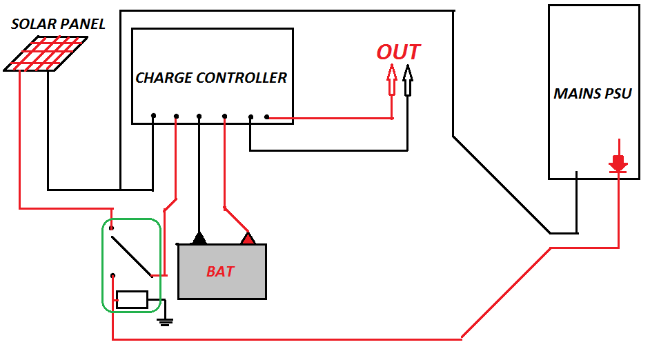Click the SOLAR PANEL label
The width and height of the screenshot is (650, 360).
(x=59, y=25)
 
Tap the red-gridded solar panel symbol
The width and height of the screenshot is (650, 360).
(x=46, y=54)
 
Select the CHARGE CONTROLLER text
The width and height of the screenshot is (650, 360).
(x=211, y=78)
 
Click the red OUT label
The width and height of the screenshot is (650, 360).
(x=398, y=52)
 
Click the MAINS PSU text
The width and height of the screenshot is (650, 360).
(x=593, y=94)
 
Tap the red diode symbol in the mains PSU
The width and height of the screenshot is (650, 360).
(x=618, y=164)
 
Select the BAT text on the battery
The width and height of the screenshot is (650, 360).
(x=220, y=272)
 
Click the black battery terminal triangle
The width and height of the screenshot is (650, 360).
(x=199, y=239)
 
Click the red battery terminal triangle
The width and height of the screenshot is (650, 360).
(x=248, y=239)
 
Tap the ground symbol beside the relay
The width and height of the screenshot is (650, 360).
(x=165, y=321)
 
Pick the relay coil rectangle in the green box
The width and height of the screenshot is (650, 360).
(x=132, y=299)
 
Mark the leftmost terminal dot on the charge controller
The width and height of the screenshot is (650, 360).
(x=153, y=116)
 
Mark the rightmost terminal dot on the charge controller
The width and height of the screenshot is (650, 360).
(x=266, y=117)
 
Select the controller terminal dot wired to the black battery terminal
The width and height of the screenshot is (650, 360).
(x=199, y=116)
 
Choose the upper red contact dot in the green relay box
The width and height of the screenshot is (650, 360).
(x=112, y=227)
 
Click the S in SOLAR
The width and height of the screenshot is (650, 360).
(x=16, y=25)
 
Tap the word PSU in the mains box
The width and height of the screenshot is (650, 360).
(x=617, y=94)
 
